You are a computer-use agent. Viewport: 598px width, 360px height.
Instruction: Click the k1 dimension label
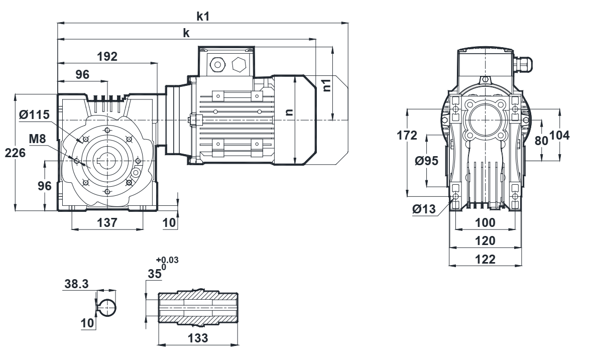pos(203,16)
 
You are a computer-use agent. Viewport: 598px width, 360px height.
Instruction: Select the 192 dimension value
pos(107,56)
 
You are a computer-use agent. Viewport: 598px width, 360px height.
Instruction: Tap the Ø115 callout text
pos(34,115)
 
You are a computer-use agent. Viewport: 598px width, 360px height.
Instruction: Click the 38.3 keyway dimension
pos(77,284)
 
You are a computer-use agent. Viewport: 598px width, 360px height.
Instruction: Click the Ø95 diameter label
pos(427,161)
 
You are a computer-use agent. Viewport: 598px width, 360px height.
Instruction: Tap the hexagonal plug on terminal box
pos(239,64)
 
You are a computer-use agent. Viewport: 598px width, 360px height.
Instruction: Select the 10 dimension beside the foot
pos(170,222)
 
